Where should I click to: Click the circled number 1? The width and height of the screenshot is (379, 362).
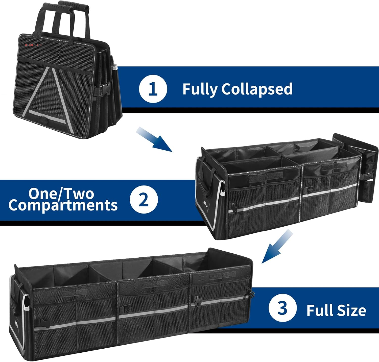(153, 89)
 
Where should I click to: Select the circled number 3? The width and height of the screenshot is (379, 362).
(282, 308)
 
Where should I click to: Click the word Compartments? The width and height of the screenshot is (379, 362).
(63, 205)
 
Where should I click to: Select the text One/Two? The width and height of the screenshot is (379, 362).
(61, 194)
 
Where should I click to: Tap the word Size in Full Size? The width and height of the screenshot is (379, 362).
(351, 310)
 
